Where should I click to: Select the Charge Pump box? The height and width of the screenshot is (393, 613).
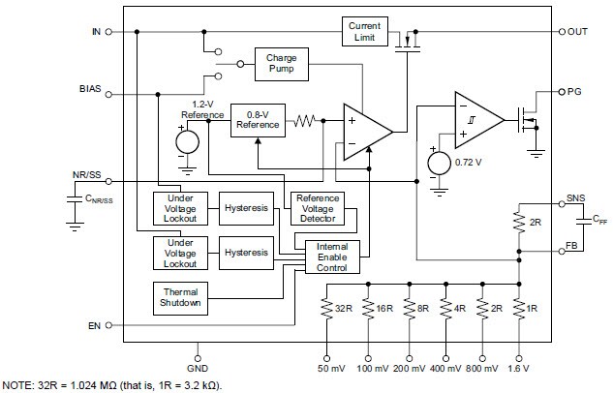pos(281,65)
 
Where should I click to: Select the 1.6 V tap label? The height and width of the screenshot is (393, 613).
pos(519,369)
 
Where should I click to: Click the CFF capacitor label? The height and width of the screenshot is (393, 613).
pos(573,222)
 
